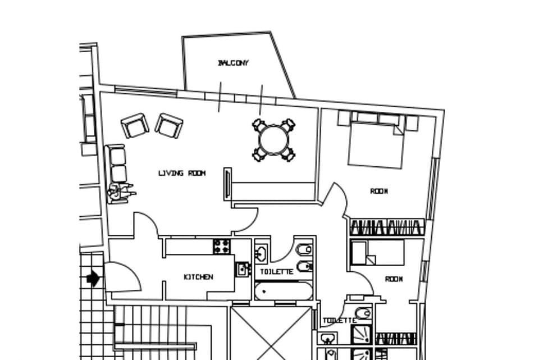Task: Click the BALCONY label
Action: [233, 63]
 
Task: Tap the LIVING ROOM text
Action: [181, 173]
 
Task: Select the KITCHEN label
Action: [198, 277]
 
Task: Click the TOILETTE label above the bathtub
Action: [276, 272]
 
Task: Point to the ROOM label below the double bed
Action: [379, 192]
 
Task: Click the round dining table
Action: [273, 140]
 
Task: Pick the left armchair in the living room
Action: [135, 125]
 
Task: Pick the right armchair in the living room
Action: [169, 125]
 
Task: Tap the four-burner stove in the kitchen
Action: [221, 246]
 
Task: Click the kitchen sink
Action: [242, 269]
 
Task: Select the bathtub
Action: [282, 291]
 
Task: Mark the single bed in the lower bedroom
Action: [377, 253]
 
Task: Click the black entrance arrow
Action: [93, 277]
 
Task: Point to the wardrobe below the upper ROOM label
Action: [386, 227]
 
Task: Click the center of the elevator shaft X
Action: [271, 334]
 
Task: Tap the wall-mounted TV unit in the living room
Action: [227, 183]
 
